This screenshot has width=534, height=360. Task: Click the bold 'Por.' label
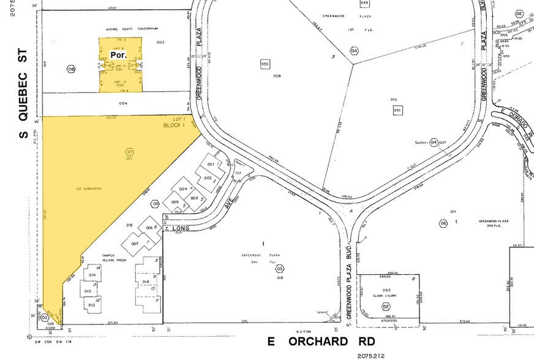click(118, 55)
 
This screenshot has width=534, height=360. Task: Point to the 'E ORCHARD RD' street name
click(321, 341)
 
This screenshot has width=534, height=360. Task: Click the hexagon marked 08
click(71, 69)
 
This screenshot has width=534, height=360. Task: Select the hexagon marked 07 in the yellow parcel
click(129, 151)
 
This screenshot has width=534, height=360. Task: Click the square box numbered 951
click(397, 110)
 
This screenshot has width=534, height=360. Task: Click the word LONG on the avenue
click(181, 229)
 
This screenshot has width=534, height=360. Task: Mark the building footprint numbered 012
click(92, 304)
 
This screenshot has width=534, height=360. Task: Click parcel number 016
click(145, 282)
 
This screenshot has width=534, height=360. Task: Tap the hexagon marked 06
click(443, 223)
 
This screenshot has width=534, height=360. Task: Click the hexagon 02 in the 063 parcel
click(386, 306)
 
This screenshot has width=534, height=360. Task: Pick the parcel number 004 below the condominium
click(123, 103)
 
